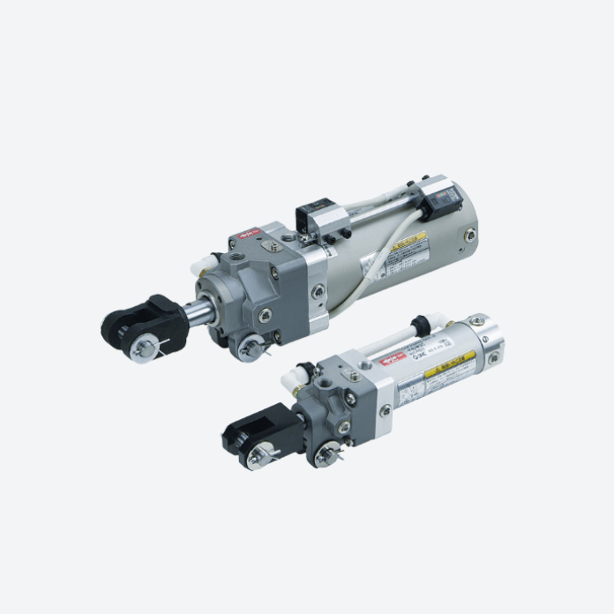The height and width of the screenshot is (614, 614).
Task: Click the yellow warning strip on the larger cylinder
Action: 408,240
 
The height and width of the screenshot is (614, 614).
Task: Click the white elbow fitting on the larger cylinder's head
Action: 209,262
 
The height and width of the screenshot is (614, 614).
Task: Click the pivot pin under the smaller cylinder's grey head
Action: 328,455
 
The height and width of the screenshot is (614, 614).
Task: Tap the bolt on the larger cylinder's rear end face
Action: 471,235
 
